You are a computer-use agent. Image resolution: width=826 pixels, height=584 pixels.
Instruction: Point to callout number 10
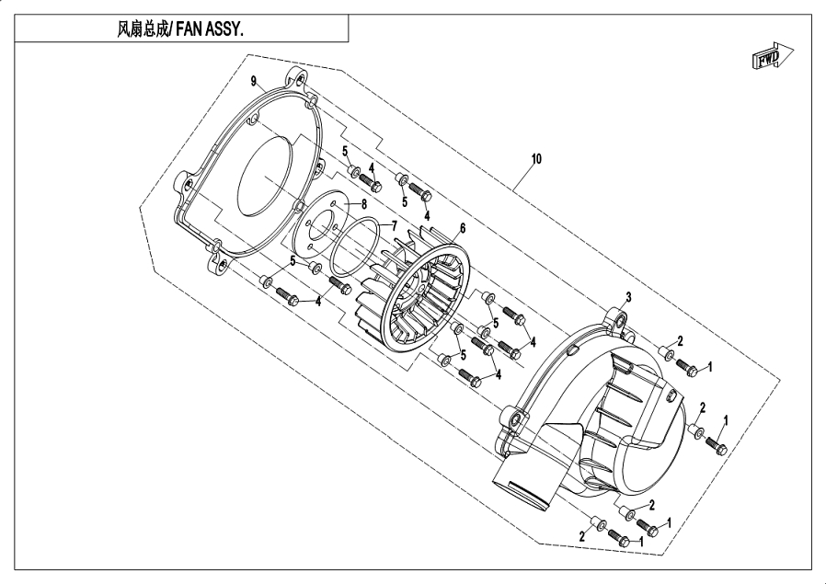[536, 159]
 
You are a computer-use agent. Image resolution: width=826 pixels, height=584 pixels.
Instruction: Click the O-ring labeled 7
[355, 247]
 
